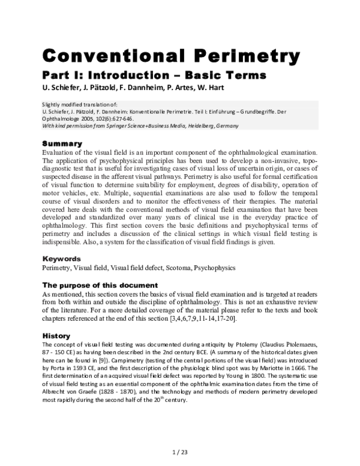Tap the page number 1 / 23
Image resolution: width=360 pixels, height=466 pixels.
point(180,450)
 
